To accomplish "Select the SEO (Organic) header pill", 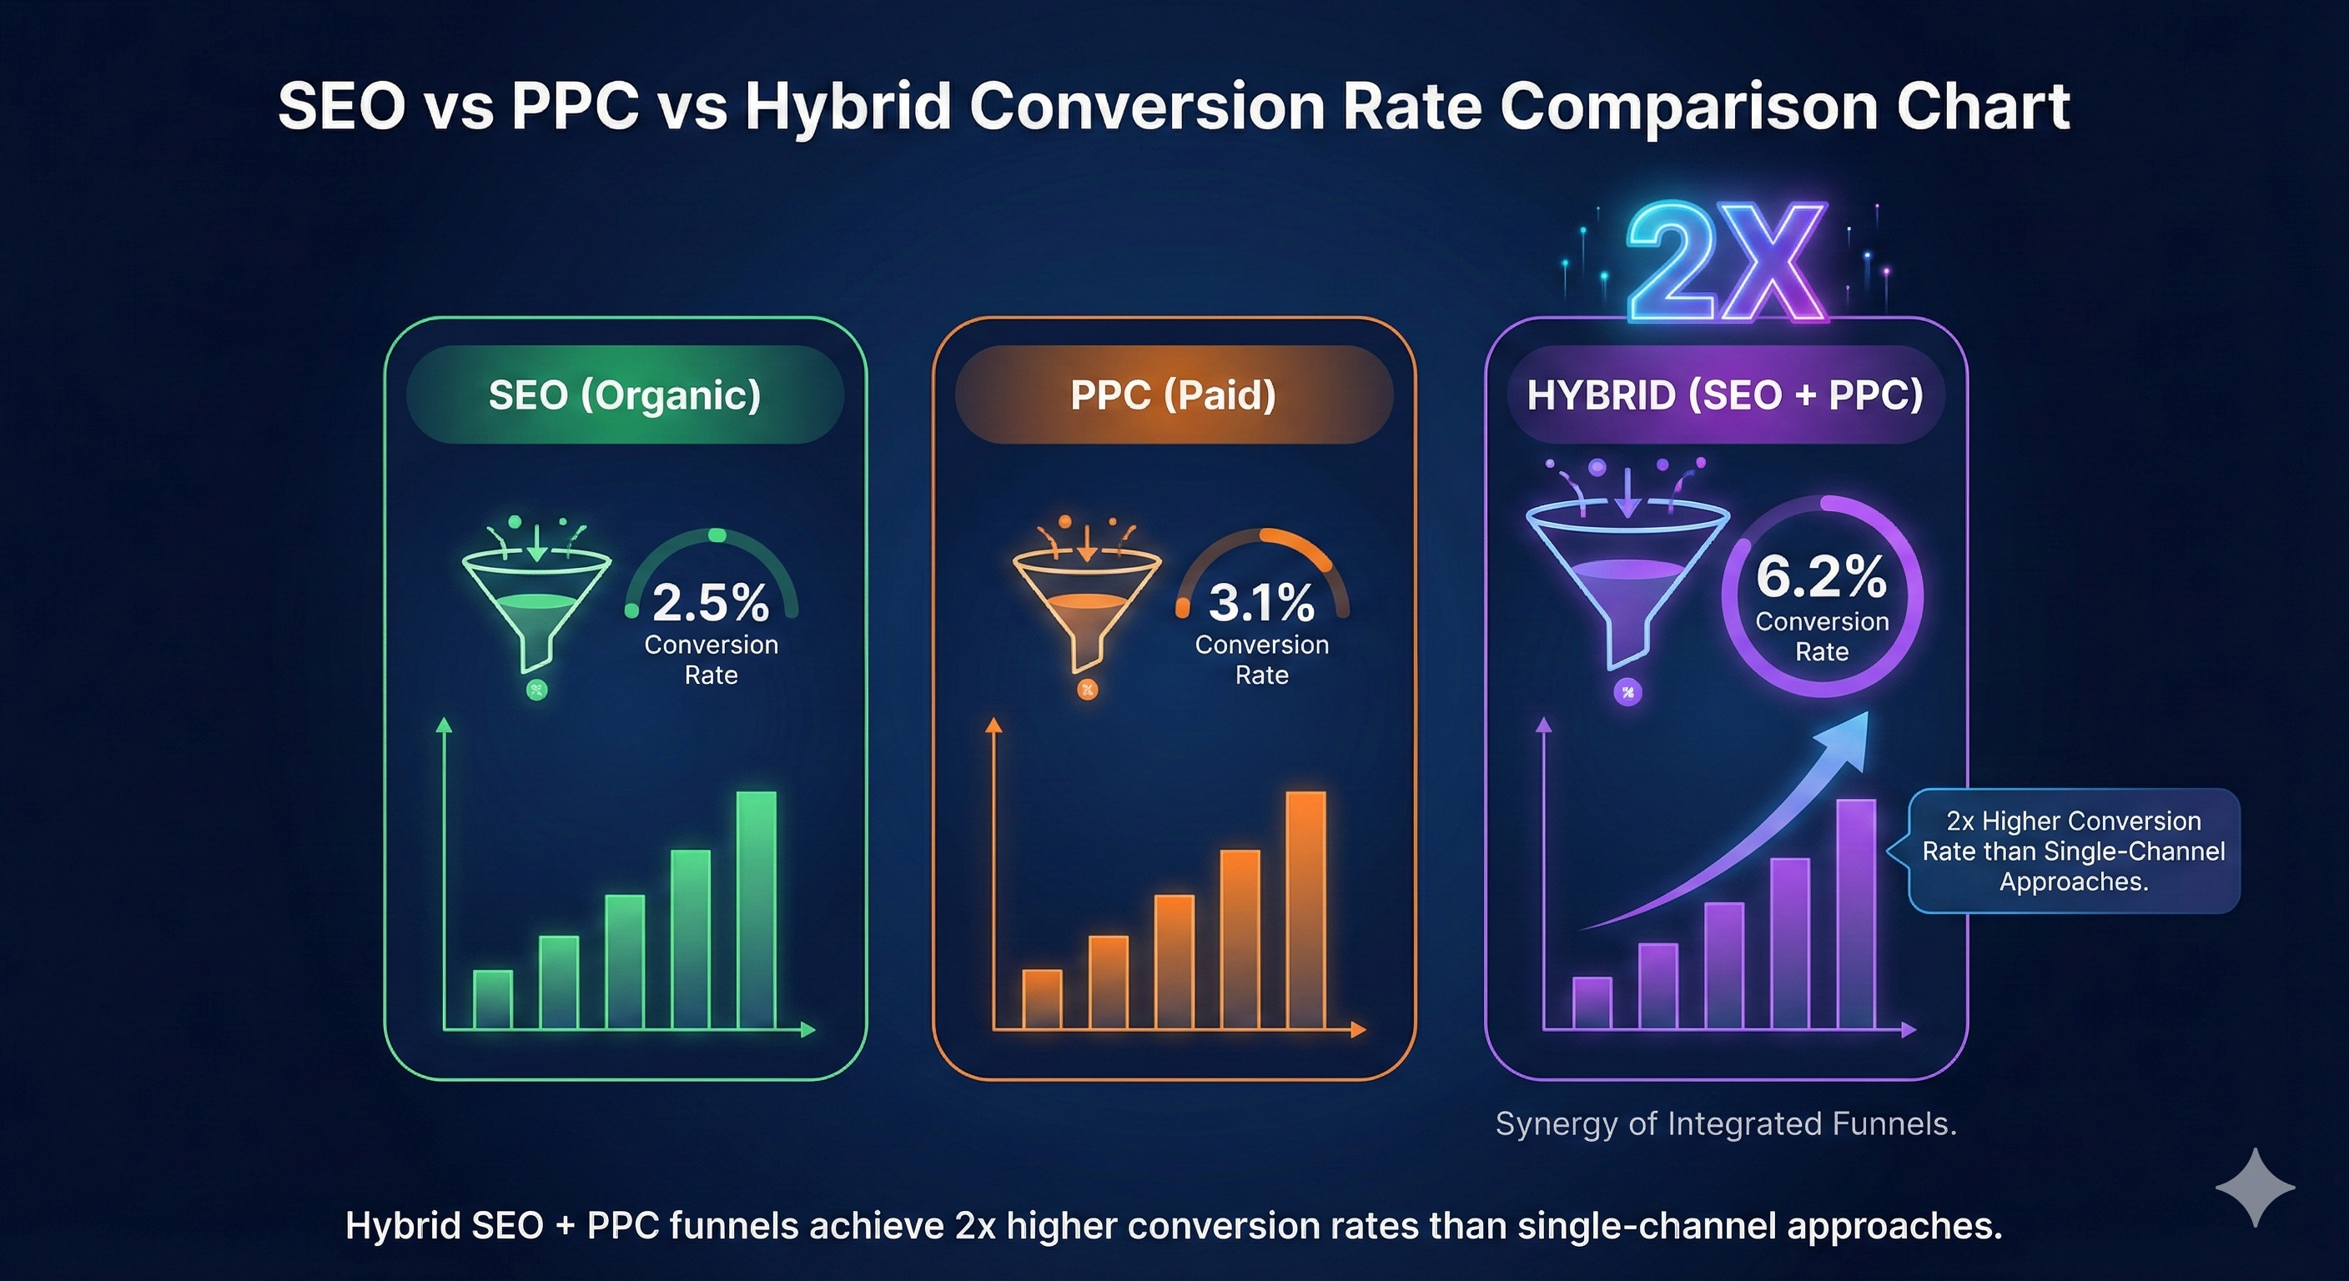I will tap(625, 394).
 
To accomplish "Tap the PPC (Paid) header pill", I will tap(1174, 394).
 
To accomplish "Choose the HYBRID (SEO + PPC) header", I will tap(1725, 394).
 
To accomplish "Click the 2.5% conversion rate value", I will tap(711, 602).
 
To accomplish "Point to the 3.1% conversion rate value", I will tap(1261, 602).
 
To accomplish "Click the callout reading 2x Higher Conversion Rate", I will tap(2074, 851).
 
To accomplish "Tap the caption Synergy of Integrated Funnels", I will tap(1725, 1123).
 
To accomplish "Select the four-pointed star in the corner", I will tap(2254, 1187).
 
